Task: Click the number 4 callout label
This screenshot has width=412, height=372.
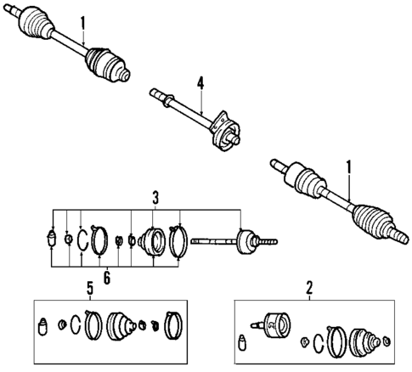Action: [x=200, y=82]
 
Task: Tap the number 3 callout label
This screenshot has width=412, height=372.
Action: [x=156, y=198]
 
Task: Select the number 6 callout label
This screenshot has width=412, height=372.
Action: [x=106, y=276]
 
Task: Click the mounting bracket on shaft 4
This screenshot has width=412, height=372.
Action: [x=224, y=127]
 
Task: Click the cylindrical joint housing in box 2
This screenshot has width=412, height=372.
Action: [x=274, y=324]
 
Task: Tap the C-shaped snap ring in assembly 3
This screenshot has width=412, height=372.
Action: [x=82, y=239]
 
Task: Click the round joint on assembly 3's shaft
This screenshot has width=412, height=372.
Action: [x=246, y=242]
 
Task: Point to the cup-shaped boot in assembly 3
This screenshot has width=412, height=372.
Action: [x=154, y=240]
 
